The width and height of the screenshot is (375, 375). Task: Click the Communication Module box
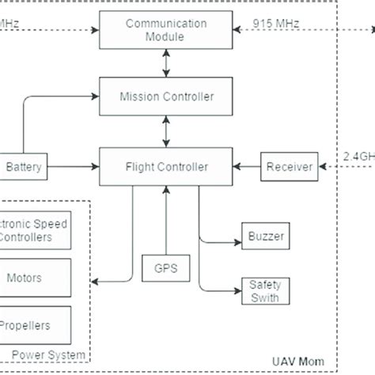[x=165, y=30]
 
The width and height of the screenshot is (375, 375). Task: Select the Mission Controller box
[x=165, y=97]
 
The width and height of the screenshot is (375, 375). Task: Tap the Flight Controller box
[x=165, y=166]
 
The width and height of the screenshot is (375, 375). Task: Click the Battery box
[x=24, y=167]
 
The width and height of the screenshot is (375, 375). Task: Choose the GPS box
[x=165, y=268]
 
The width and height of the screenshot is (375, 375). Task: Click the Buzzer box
[x=264, y=235]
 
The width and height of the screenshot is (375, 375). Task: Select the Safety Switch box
[x=264, y=290]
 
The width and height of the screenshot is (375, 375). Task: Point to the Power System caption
[x=53, y=352]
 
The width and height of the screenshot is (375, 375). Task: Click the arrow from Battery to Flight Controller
[x=71, y=167]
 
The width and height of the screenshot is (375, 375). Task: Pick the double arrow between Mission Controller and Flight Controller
[x=165, y=131]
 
